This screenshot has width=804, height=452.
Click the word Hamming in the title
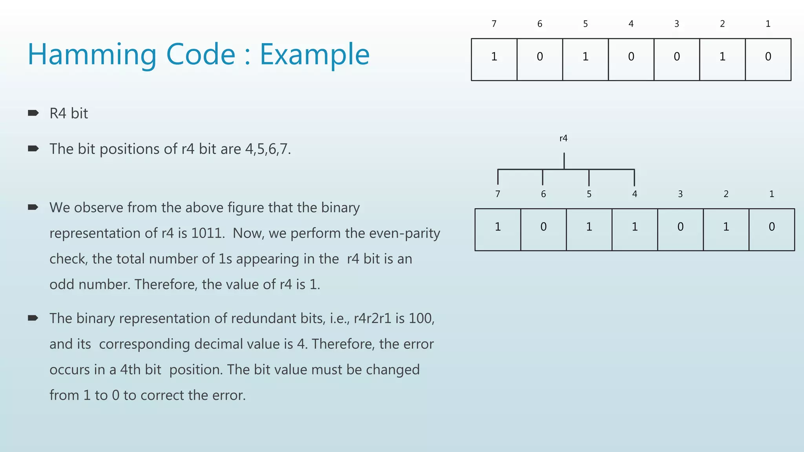click(x=92, y=54)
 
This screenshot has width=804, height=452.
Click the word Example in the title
click(x=314, y=54)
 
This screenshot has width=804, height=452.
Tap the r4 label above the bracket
click(x=563, y=138)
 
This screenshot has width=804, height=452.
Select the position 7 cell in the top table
click(x=494, y=59)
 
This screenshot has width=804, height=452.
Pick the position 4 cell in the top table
click(x=631, y=59)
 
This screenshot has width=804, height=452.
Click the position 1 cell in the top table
click(x=768, y=59)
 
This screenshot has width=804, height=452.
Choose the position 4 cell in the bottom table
click(x=634, y=230)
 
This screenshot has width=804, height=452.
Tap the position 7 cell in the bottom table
click(x=498, y=230)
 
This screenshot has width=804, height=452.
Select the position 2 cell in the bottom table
click(x=726, y=230)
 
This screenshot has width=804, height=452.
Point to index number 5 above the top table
click(x=585, y=24)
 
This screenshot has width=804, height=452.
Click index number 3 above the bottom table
click(x=680, y=194)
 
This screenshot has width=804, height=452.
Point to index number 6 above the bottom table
click(x=543, y=194)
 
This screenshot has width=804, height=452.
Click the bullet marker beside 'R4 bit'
click(x=33, y=113)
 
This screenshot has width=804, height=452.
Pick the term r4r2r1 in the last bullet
click(x=373, y=318)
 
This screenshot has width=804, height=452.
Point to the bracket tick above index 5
click(x=589, y=178)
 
